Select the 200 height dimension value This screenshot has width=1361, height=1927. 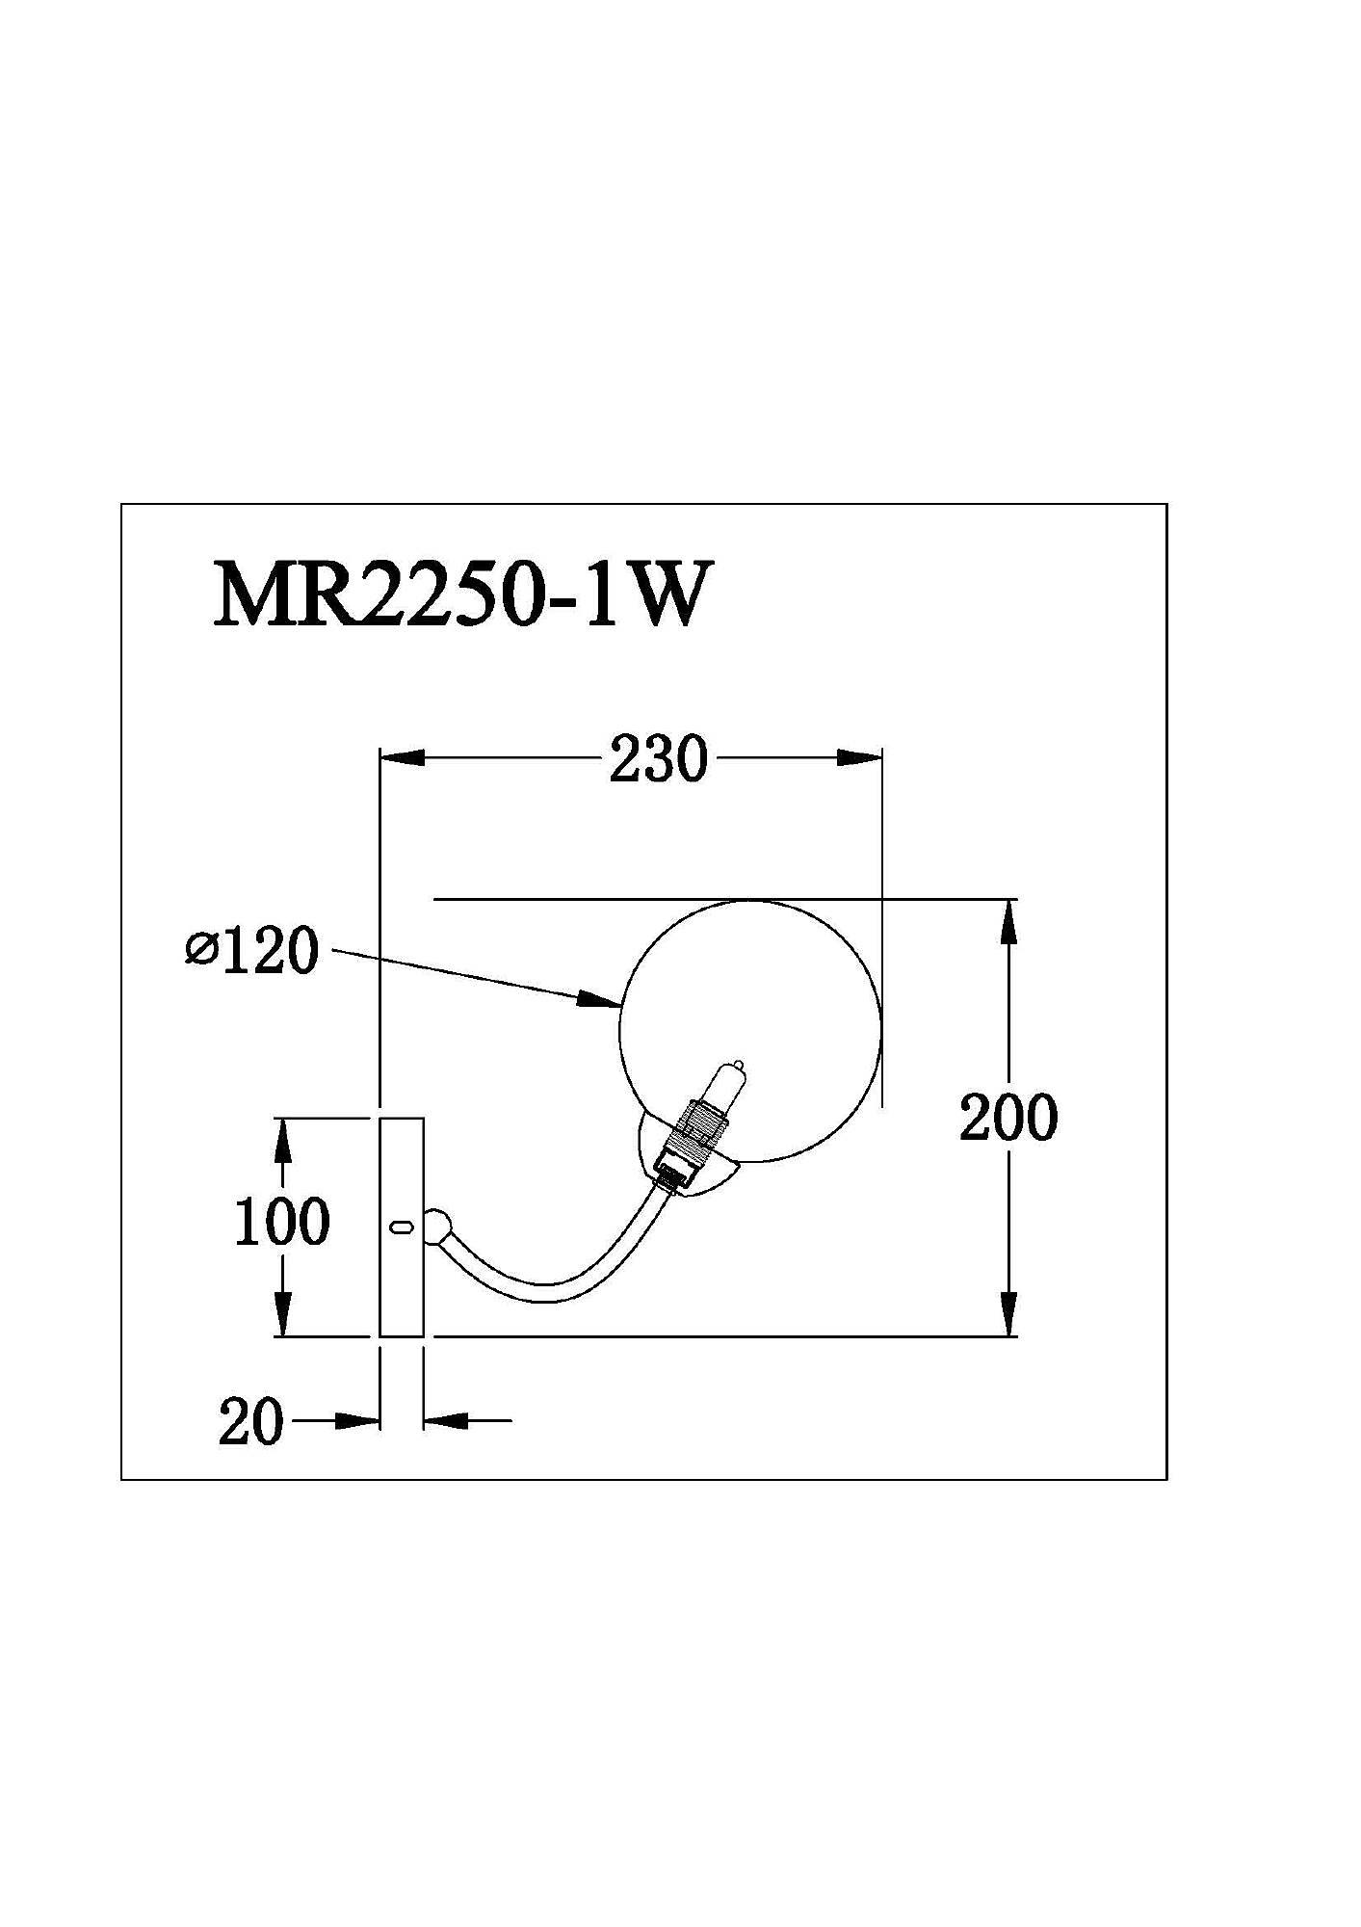coord(1008,1118)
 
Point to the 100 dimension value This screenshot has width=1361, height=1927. coord(282,1222)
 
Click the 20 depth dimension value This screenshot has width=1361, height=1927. coord(251,1422)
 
